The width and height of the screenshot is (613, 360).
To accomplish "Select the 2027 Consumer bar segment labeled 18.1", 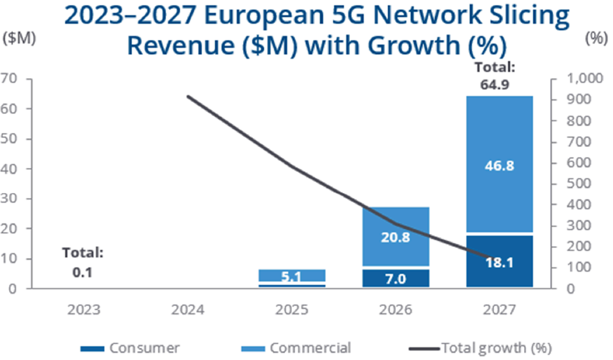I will [x=499, y=261].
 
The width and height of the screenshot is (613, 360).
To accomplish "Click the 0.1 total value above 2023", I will [x=83, y=273].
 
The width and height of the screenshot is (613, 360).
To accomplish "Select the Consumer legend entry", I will [x=131, y=348].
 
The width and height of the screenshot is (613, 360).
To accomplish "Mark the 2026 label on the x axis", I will [x=395, y=310].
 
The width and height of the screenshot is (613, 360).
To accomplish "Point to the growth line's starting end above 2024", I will [x=188, y=97].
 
